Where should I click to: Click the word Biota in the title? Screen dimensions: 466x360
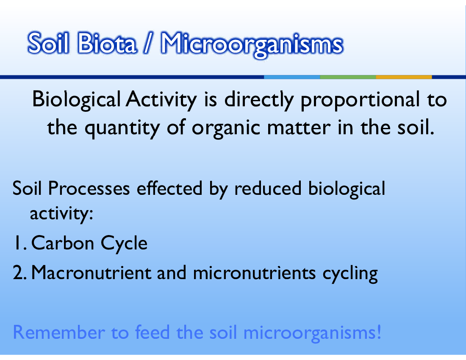(107, 43)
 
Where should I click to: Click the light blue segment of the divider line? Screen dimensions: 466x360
(292, 77)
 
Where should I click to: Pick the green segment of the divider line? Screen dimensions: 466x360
(348, 77)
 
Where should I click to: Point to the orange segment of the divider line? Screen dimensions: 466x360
(404, 77)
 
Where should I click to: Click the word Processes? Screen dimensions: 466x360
(89, 188)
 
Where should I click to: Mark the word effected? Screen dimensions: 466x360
(169, 188)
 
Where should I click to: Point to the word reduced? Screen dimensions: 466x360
(268, 188)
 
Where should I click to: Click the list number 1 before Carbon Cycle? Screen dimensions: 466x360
(19, 243)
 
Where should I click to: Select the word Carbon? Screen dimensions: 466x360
(62, 243)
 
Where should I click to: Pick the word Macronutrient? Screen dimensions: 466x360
(91, 273)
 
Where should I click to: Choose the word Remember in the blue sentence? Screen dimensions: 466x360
(59, 332)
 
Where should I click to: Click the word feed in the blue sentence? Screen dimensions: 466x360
(152, 332)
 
